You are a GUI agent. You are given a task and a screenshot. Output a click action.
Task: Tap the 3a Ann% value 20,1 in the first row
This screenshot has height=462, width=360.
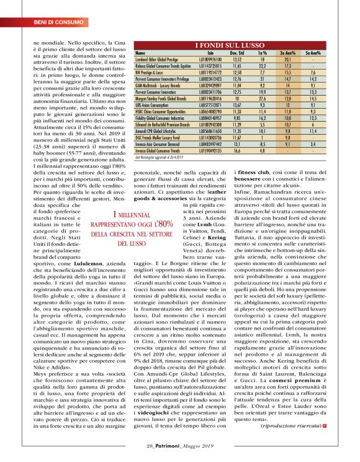[287, 59]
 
